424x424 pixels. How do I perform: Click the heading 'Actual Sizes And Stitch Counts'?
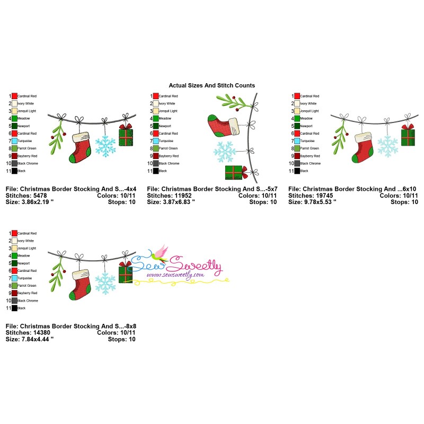211,85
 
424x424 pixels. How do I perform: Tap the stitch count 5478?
43,196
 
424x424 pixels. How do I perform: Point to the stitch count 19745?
328,196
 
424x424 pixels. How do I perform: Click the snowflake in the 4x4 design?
104,146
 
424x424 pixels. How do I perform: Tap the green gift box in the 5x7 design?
233,173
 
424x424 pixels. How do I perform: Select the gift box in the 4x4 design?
126,138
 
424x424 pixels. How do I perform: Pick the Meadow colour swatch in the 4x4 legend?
14,119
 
